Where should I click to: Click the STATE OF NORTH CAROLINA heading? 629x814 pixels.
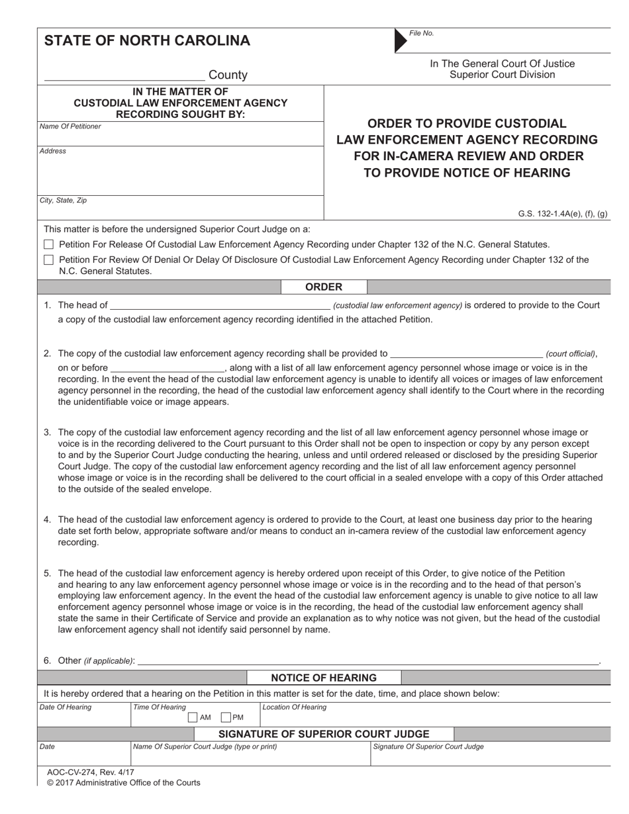[x=147, y=41]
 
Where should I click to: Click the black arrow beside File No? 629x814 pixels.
[x=401, y=40]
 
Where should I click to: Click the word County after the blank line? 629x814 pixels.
[x=228, y=75]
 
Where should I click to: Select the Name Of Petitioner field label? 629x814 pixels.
[x=70, y=126]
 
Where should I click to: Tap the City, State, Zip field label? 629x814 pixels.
[x=63, y=200]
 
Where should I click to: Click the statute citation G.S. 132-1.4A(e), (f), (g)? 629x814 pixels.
[x=563, y=214]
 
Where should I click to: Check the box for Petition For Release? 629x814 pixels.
[x=48, y=245]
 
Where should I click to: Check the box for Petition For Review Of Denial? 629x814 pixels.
[x=48, y=260]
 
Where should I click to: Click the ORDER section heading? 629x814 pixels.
[x=324, y=287]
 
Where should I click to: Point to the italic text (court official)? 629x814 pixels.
[x=571, y=354]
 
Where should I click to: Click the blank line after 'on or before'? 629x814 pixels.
[x=168, y=368]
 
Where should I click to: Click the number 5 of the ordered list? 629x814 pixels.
[x=47, y=574]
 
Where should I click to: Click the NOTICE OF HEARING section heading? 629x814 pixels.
[x=324, y=678]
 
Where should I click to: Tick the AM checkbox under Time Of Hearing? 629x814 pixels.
[x=193, y=717]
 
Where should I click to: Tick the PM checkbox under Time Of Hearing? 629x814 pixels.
[x=225, y=717]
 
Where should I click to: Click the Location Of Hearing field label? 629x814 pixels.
[x=295, y=707]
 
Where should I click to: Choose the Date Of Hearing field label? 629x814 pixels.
[x=66, y=707]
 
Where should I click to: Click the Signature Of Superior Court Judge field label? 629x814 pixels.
[x=428, y=746]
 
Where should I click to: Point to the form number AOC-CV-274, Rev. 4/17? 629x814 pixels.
[x=90, y=772]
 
